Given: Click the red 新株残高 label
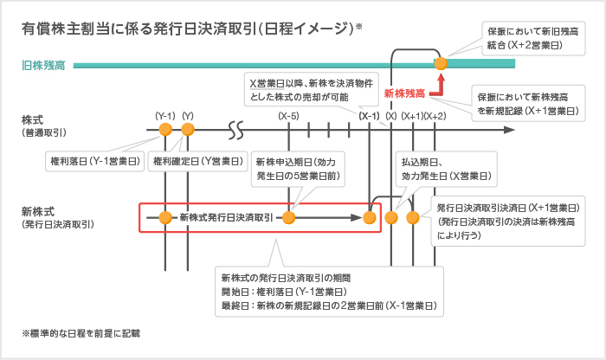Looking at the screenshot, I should coord(404,92).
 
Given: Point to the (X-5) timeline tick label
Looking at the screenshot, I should coord(289,115).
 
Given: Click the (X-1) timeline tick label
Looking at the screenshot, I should coord(370,115).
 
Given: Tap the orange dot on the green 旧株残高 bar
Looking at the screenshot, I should coord(441,63).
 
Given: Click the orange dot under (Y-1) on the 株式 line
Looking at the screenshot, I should coord(165,130).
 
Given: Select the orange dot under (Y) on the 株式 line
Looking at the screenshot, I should coord(187,130).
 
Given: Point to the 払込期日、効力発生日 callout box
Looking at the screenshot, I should coord(447,168).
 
